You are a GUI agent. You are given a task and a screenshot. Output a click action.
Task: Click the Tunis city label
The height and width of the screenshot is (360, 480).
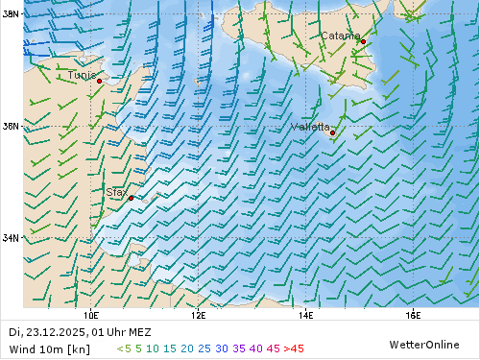click(x=82, y=74)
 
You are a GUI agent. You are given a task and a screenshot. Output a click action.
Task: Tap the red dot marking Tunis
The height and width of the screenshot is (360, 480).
click(x=100, y=82)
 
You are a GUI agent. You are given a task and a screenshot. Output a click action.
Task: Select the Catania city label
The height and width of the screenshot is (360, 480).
click(x=340, y=36)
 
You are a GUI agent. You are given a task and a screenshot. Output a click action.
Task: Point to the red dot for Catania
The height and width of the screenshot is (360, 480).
click(x=363, y=42)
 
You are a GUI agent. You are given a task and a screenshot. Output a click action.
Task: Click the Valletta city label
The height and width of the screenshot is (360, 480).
click(x=310, y=126)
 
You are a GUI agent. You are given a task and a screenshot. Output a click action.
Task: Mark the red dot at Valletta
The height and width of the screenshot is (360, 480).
click(x=332, y=133)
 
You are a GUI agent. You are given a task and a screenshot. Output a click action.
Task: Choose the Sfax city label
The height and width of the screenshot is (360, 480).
click(x=115, y=192)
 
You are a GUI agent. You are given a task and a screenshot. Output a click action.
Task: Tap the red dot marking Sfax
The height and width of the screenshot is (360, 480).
click(x=131, y=198)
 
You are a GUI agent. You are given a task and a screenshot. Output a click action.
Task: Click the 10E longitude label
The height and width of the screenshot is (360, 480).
click(x=91, y=314)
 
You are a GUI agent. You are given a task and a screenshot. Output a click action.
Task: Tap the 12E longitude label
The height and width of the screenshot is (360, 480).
click(x=199, y=314)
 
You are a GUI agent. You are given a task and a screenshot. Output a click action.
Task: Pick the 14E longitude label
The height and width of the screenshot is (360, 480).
click(x=306, y=314)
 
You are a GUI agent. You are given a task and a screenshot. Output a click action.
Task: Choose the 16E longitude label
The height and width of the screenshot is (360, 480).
click(x=414, y=314)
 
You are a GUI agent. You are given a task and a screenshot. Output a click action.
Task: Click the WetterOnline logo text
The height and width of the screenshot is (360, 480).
click(x=424, y=344)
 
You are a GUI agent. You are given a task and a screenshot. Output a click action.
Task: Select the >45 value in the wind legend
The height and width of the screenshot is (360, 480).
click(x=292, y=348)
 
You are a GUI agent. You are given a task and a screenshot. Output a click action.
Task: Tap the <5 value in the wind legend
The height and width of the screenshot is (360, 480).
click(x=124, y=348)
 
